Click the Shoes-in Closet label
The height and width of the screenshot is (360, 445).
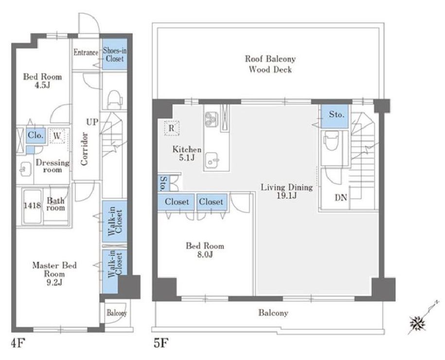(115, 54)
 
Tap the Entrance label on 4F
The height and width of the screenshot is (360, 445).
(86, 52)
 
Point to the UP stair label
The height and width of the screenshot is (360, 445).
(92, 122)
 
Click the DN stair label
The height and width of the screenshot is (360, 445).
(341, 197)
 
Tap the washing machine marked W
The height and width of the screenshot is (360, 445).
(57, 136)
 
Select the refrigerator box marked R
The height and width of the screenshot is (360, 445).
(172, 128)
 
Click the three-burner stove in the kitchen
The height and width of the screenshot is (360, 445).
(211, 119)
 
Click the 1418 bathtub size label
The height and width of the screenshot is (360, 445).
(32, 205)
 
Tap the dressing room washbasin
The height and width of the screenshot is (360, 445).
(25, 169)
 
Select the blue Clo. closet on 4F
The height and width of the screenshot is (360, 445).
(36, 135)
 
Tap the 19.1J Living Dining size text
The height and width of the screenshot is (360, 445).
(286, 196)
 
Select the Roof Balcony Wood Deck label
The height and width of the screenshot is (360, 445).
(270, 64)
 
